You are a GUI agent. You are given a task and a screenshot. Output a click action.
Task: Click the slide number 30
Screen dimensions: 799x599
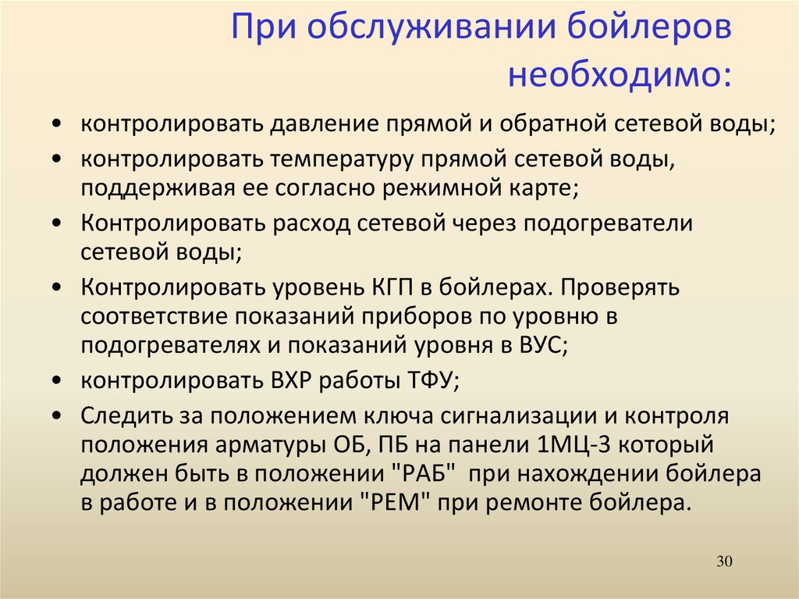click(x=724, y=562)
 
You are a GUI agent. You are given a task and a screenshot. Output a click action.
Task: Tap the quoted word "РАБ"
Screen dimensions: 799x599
click(x=424, y=473)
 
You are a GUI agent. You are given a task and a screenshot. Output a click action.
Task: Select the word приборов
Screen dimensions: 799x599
click(x=417, y=317)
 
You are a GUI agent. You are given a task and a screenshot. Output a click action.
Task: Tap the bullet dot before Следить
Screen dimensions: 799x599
click(x=57, y=415)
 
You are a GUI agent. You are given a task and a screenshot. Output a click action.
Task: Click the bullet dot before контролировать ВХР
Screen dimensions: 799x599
click(x=57, y=380)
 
